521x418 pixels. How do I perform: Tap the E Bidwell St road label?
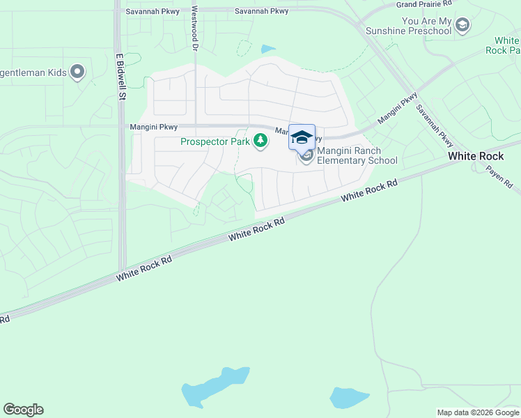(120, 77)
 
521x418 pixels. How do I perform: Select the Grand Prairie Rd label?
(423, 4)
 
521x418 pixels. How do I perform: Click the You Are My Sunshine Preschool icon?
(462, 26)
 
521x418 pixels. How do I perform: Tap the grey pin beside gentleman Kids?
(78, 71)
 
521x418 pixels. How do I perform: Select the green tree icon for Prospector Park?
(260, 141)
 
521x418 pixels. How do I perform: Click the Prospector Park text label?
(215, 141)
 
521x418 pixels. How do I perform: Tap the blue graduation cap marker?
(302, 137)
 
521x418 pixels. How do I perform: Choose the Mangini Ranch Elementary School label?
(357, 155)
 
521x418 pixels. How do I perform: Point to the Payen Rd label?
(499, 178)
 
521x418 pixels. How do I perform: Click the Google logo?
(23, 410)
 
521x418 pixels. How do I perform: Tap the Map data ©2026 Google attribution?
(478, 412)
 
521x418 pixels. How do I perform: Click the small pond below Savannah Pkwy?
(267, 49)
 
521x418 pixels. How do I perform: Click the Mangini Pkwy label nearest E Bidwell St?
(153, 127)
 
